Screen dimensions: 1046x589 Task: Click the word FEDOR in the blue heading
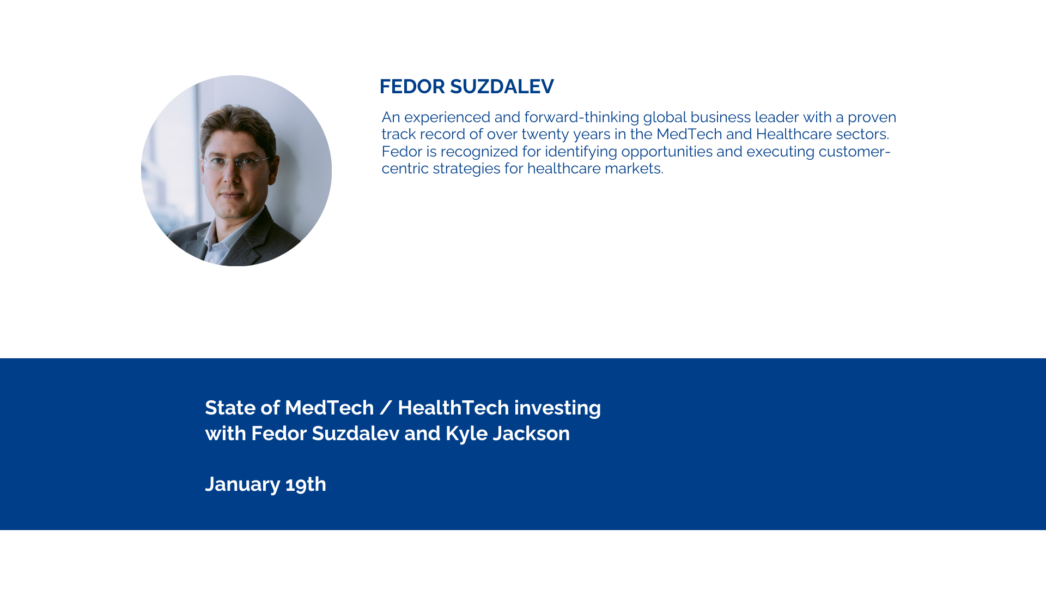(x=412, y=87)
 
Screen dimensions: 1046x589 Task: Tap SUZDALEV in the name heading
(x=502, y=87)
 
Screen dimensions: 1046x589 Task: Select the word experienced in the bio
(x=447, y=118)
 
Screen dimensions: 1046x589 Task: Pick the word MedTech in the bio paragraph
(x=689, y=134)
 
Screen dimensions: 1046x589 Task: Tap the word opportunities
(x=667, y=152)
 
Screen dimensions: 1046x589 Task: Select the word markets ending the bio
(x=634, y=169)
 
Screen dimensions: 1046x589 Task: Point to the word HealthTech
(x=453, y=408)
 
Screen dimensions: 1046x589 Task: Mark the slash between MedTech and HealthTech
(x=386, y=408)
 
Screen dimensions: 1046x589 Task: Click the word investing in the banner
(x=557, y=408)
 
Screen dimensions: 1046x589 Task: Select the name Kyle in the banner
(x=466, y=434)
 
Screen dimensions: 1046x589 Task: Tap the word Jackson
(x=531, y=434)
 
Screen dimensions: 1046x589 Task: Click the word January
(x=242, y=485)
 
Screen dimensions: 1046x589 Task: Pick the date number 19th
(x=306, y=484)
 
